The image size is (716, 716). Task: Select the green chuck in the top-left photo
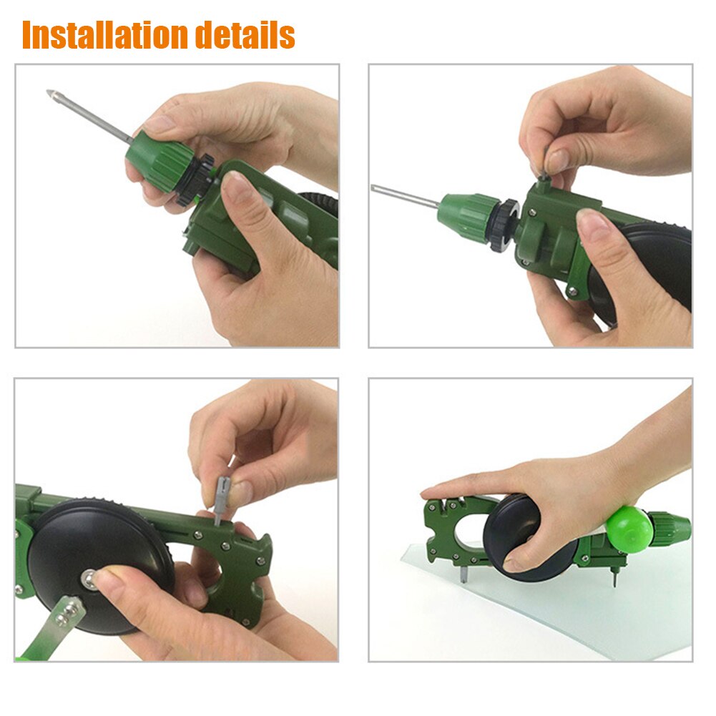coord(153,162)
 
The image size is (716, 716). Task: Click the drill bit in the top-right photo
coord(404,195)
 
